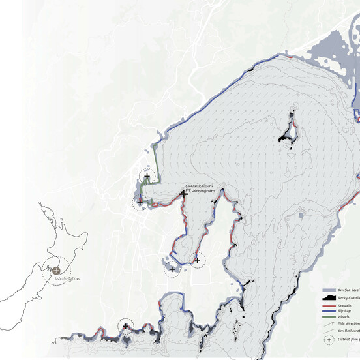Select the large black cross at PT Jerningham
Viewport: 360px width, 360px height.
(185, 194)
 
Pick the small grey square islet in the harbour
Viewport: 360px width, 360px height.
(300, 214)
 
